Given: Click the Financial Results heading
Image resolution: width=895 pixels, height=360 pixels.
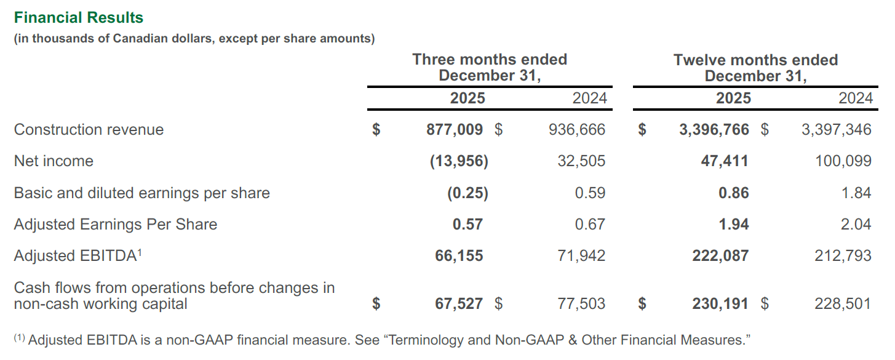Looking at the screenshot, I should [79, 18].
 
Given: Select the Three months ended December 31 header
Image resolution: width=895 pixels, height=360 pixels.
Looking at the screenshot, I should [489, 68].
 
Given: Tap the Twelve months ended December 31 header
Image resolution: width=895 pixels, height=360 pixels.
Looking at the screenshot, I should [755, 68].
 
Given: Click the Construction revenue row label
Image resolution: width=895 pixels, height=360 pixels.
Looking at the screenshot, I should [89, 130].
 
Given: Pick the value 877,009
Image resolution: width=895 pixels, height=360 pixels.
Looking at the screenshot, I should [455, 130].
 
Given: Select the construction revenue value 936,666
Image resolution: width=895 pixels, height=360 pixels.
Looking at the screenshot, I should [576, 130].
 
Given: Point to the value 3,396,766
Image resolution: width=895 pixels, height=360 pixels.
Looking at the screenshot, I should [714, 130].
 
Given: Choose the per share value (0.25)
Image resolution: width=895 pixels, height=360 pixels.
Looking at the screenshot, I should [467, 193].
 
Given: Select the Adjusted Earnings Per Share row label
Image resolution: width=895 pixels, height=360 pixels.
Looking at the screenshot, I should [116, 225].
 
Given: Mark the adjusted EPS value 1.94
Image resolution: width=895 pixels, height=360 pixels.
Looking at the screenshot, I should [734, 225].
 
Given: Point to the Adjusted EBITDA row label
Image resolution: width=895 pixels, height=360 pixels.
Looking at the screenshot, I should [74, 256].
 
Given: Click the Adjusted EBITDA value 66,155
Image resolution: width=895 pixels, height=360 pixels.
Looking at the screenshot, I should [459, 256].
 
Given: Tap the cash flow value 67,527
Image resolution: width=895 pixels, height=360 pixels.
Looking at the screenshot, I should [459, 303].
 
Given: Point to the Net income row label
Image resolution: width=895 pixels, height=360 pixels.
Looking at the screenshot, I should [54, 161].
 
